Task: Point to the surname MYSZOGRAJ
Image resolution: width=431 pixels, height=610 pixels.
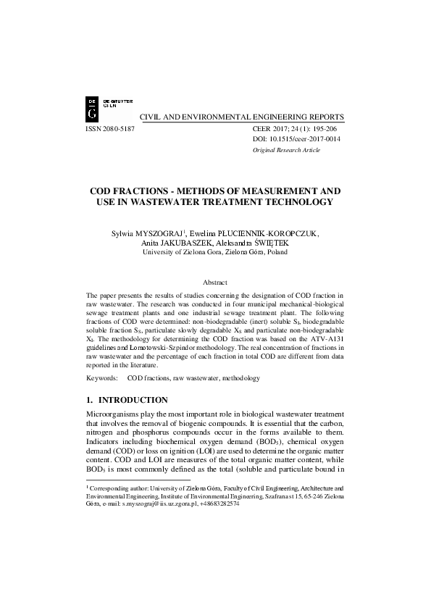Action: [x=156, y=233]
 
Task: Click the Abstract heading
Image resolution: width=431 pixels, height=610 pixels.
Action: [x=215, y=282]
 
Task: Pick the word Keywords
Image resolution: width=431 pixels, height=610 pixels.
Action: [x=101, y=378]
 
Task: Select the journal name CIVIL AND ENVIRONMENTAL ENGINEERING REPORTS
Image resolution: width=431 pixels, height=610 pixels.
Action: [x=241, y=117]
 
